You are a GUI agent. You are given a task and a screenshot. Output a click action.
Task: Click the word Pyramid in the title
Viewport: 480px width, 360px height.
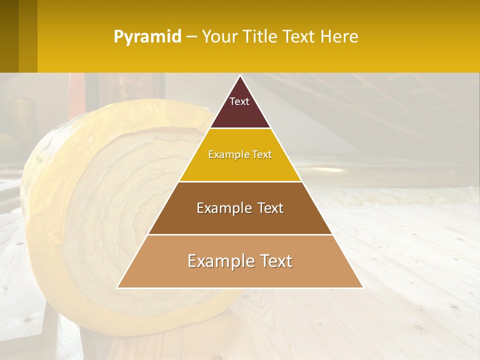[147, 37]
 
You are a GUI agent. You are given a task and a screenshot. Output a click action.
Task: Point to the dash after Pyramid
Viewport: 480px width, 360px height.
[191, 37]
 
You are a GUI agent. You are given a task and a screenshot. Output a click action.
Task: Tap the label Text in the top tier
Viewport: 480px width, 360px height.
[239, 101]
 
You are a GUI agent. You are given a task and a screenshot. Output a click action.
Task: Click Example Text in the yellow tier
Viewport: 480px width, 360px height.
[240, 154]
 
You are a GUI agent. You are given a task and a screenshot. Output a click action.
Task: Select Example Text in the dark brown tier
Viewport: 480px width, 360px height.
[240, 208]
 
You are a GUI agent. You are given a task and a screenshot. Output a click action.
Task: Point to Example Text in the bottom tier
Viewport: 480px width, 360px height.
[240, 261]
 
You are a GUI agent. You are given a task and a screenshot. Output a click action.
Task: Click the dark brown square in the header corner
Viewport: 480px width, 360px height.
[9, 36]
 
